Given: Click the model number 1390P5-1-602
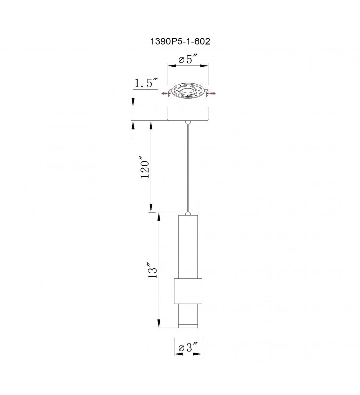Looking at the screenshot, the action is click(x=180, y=41).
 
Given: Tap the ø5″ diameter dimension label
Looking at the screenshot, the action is click(x=188, y=60).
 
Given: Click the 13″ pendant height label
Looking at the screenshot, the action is click(x=153, y=271).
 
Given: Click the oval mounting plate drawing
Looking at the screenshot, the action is click(x=188, y=91).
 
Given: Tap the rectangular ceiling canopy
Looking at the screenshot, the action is click(x=188, y=114).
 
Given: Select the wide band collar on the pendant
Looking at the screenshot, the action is click(x=188, y=291).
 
